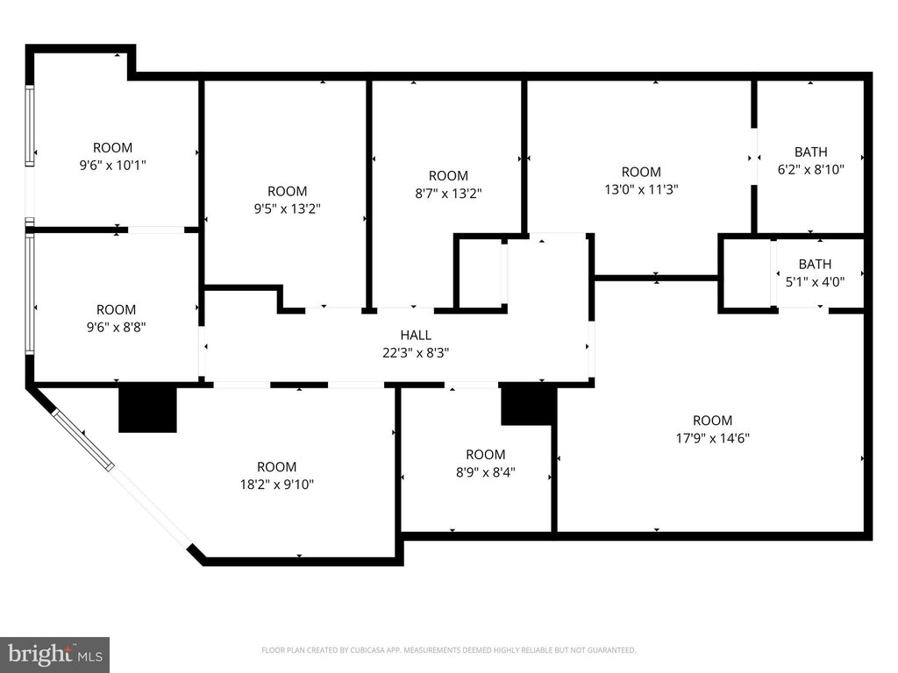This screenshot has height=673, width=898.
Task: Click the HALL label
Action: coord(416,335)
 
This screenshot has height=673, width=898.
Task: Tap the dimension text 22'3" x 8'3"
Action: coord(416,352)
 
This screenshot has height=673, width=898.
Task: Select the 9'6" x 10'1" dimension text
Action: coord(113,166)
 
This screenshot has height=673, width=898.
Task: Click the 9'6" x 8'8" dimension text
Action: coord(117,328)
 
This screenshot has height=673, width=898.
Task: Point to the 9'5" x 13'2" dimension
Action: coord(288,209)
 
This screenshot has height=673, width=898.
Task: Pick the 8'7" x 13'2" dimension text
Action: coord(448,194)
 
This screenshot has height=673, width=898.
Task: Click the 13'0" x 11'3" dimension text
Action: coord(641,189)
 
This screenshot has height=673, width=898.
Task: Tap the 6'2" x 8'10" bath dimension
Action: coord(811,169)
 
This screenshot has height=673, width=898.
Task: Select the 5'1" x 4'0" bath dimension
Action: coord(815,281)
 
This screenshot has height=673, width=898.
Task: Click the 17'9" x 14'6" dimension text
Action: coord(713,438)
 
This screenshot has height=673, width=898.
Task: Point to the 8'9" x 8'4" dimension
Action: coord(486,472)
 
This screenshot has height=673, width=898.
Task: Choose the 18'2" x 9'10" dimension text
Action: coord(276,485)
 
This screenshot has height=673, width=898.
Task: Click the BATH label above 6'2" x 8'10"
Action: coord(811,152)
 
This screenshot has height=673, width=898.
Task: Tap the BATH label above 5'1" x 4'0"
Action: coord(815,264)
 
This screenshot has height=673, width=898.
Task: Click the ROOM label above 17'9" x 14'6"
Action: coord(712,421)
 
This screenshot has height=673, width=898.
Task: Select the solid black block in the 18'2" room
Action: coord(147,409)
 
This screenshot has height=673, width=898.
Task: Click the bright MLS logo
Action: coord(55,655)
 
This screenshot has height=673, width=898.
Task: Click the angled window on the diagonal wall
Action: coord(83,440)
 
